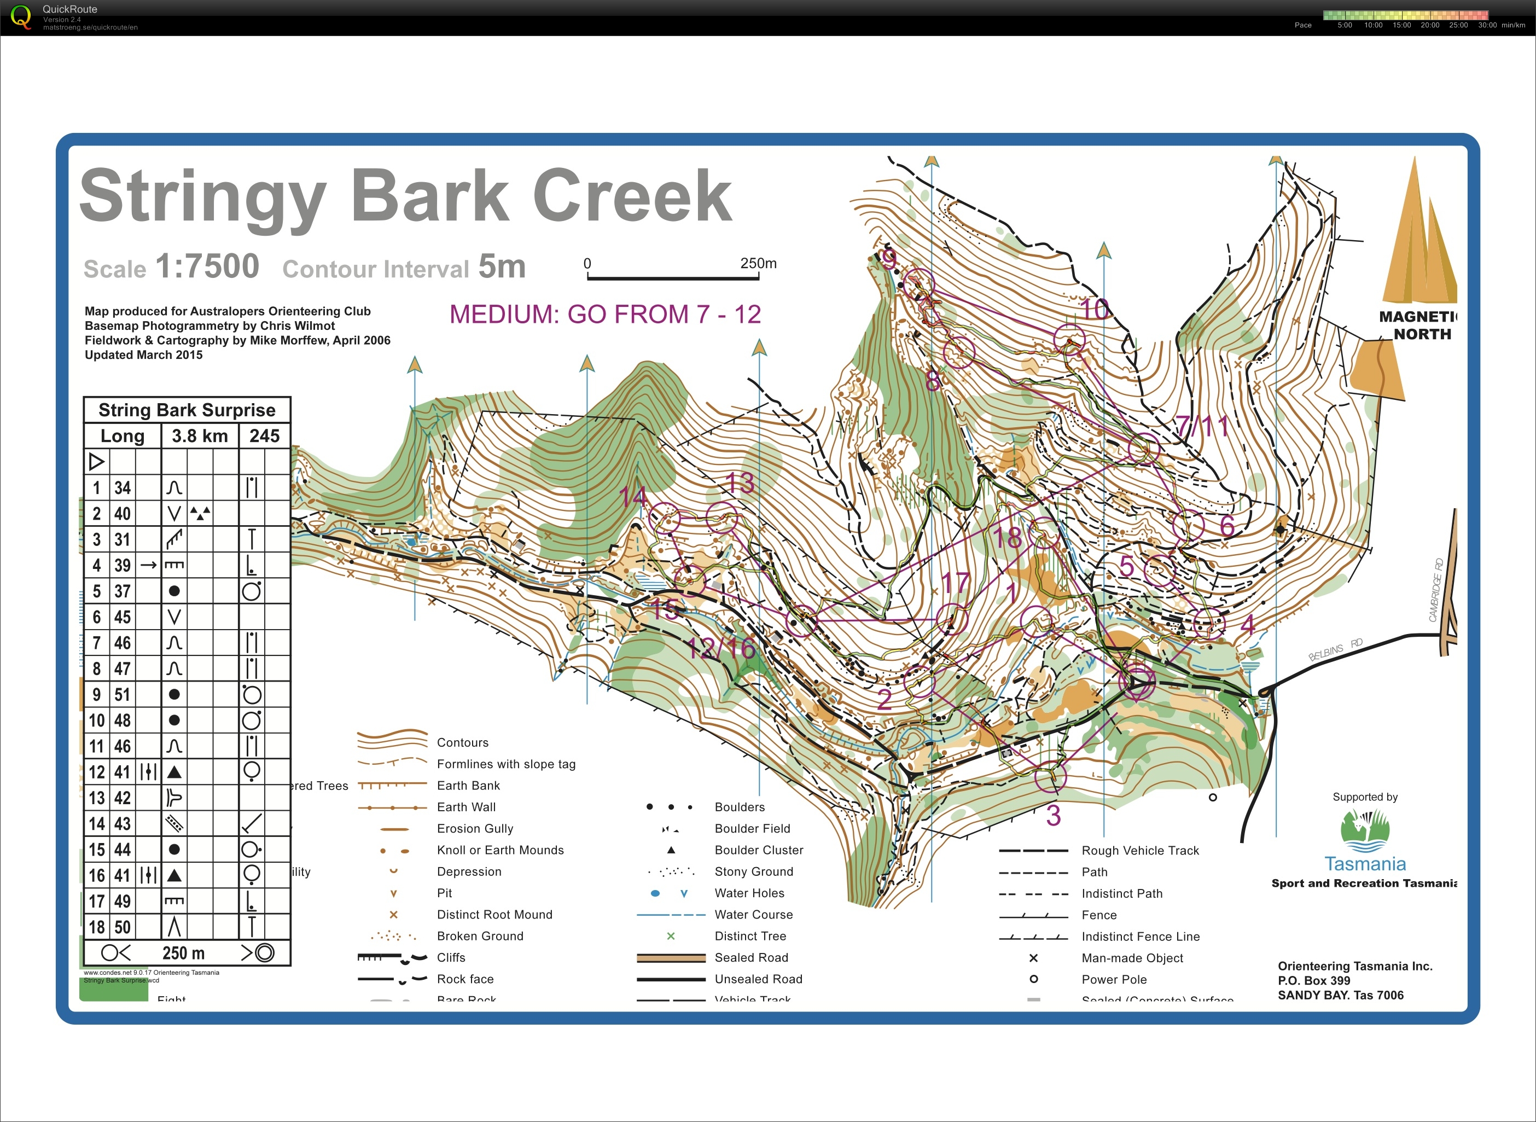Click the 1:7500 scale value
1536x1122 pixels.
coord(207,266)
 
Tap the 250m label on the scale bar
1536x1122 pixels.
coord(758,264)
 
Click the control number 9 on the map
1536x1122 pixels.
coord(888,259)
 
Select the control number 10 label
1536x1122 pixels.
coord(1094,310)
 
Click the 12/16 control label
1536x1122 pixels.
coord(721,649)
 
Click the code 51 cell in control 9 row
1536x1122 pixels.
coord(122,695)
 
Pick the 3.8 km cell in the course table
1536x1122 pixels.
coord(200,436)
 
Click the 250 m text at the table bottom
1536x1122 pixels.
coord(183,953)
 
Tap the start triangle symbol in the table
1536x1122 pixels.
coord(96,462)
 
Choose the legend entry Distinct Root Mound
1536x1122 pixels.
coord(494,915)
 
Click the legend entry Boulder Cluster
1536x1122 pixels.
coord(759,850)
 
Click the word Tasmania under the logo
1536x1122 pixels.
coord(1365,864)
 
